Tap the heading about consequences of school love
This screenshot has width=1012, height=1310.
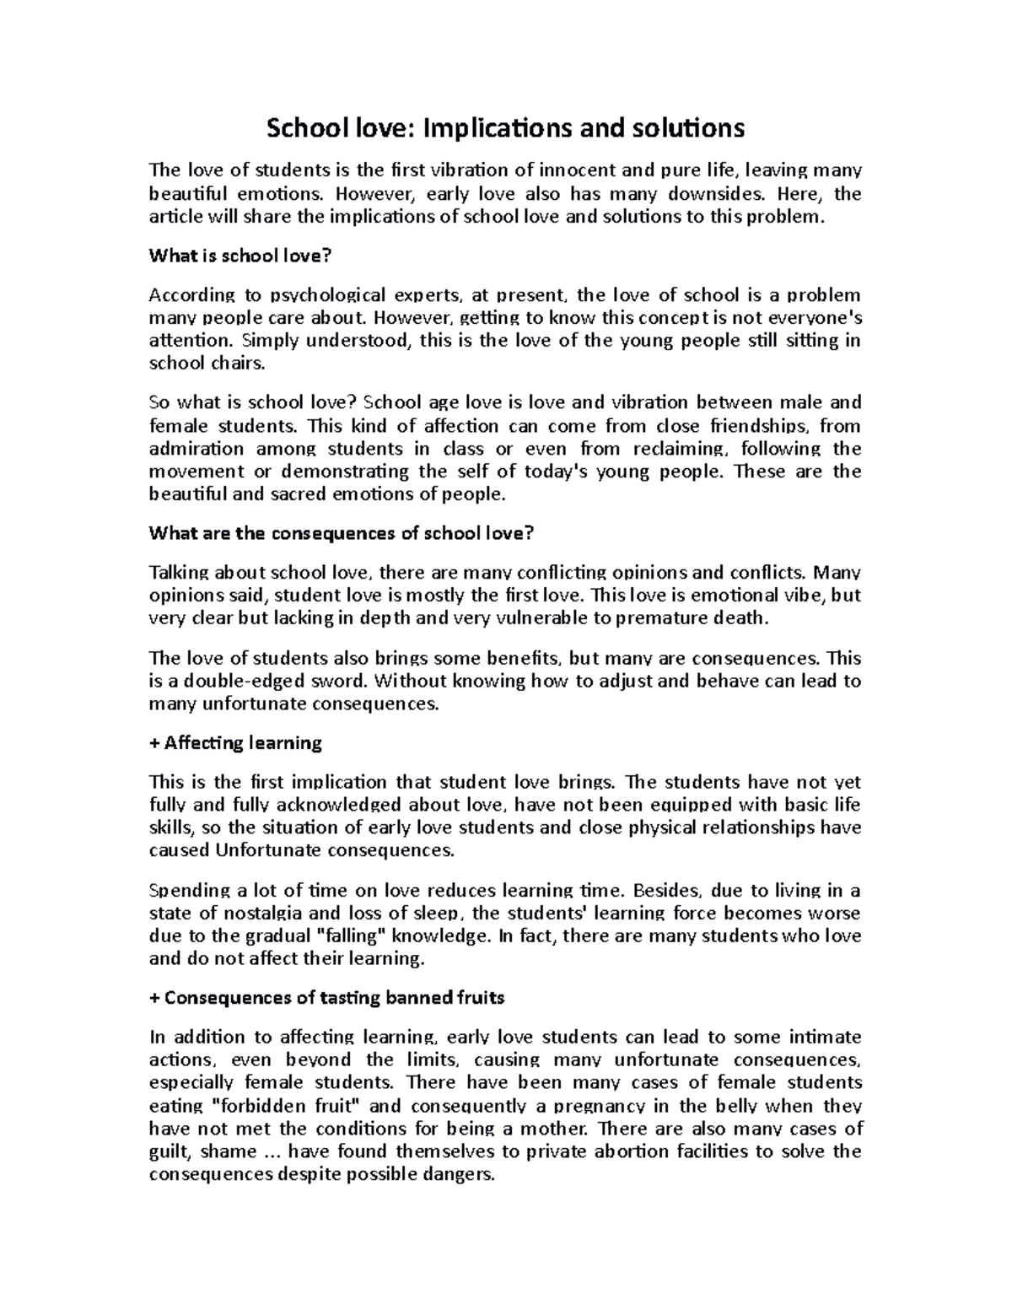[342, 533]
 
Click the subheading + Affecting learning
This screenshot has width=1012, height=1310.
[235, 743]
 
